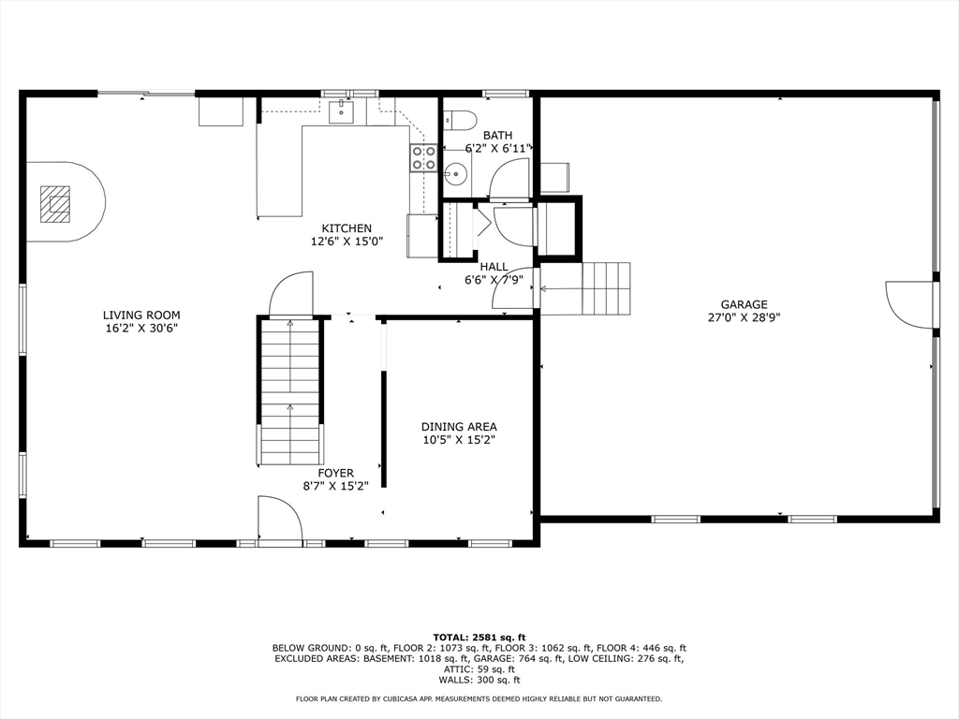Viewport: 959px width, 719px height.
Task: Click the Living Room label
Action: click(141, 315)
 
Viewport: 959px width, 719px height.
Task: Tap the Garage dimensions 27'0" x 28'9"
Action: click(744, 317)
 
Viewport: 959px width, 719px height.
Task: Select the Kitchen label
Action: click(347, 228)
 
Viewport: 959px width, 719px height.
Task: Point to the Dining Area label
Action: click(459, 427)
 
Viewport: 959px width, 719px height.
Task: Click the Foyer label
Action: click(336, 473)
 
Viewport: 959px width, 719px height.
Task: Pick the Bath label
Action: click(498, 135)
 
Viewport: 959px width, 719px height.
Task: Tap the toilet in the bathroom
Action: click(459, 121)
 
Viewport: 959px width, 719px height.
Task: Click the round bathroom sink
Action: click(456, 174)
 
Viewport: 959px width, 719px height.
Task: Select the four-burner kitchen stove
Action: click(423, 157)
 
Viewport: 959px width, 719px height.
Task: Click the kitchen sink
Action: click(341, 112)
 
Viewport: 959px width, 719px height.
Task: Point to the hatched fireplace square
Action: click(55, 204)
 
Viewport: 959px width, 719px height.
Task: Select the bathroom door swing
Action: click(509, 179)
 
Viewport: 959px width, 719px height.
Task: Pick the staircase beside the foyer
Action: click(290, 391)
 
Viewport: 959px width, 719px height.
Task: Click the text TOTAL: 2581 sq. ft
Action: click(479, 637)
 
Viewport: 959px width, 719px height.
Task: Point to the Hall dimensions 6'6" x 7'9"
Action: click(494, 280)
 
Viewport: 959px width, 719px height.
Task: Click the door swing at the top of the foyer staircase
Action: click(291, 293)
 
